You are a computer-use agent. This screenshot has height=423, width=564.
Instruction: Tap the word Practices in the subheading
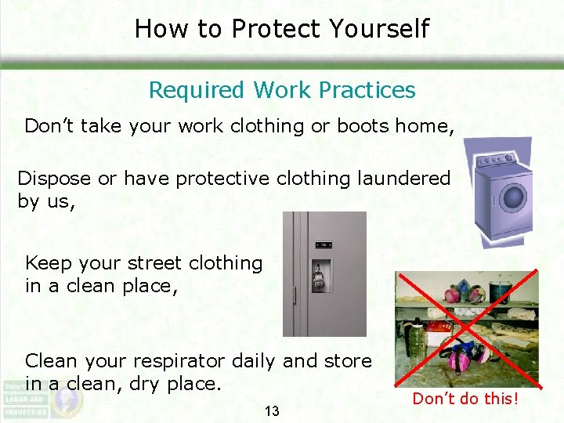tap(367, 90)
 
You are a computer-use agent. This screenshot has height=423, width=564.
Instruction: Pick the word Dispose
tap(54, 179)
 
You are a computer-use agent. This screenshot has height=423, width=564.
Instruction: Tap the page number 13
tap(272, 411)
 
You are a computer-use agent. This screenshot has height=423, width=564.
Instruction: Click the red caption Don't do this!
tap(465, 399)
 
